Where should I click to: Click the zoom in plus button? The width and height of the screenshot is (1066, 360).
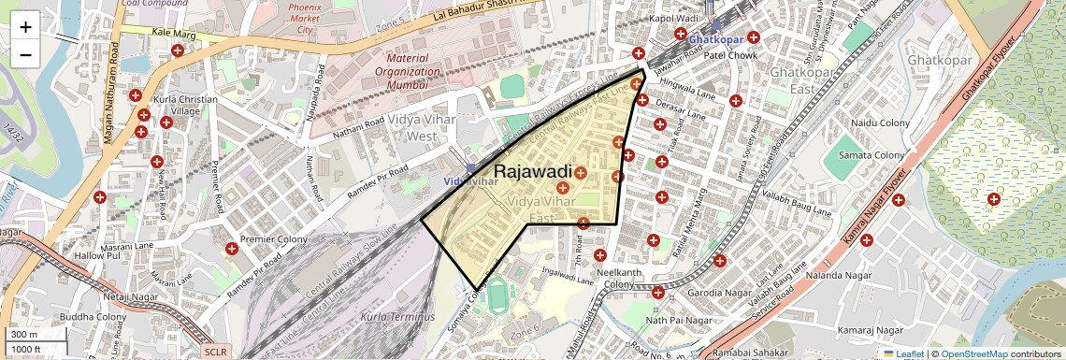tap(25, 26)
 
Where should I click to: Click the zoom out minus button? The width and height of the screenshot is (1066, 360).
tap(25, 55)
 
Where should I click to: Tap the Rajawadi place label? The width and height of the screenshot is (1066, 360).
tap(532, 171)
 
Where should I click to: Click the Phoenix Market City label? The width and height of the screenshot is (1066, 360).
tap(304, 17)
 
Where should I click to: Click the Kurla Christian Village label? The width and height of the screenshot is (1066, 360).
tap(186, 105)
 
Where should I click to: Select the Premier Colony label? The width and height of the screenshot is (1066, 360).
tap(273, 239)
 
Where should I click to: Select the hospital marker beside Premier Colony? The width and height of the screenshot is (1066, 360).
tap(231, 249)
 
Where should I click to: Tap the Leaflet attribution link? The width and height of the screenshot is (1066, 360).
tap(903, 353)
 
